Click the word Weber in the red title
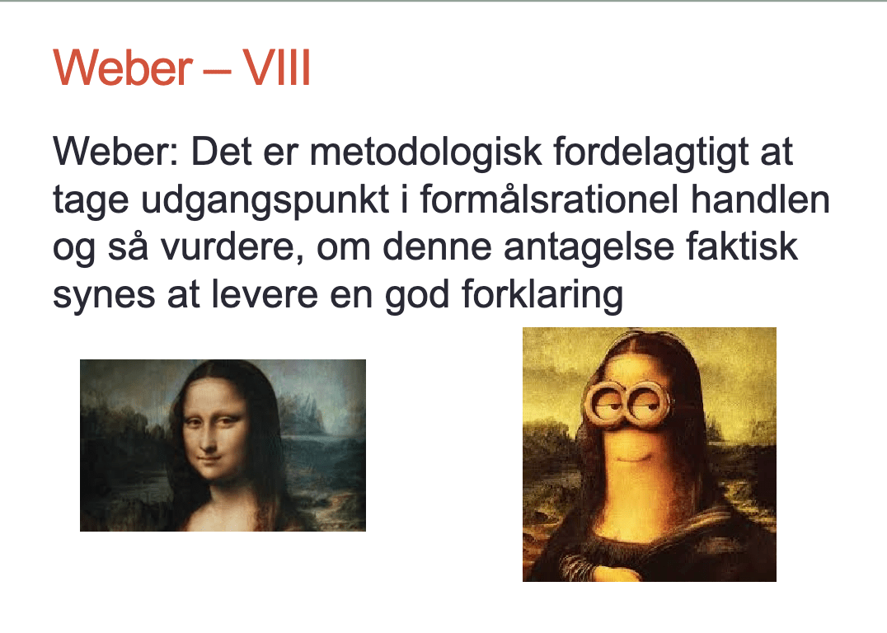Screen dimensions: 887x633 point(123,68)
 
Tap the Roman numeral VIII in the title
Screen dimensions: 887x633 point(277,68)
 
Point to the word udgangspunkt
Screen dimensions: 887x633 point(265,199)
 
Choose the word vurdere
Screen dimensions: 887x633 point(232,247)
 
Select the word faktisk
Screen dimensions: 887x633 point(742,247)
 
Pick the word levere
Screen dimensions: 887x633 point(264,295)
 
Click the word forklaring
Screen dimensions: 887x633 point(542,295)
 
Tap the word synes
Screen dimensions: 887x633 point(104,295)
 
